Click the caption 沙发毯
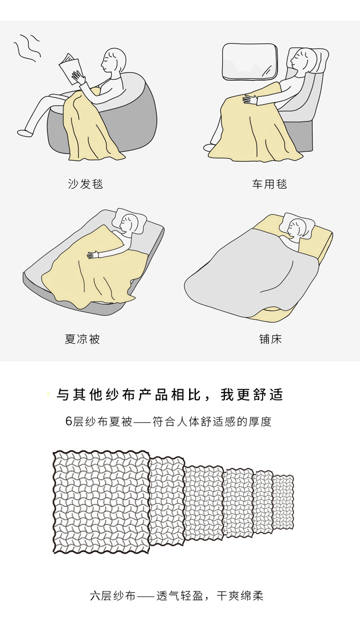(85, 184)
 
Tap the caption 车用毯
(269, 184)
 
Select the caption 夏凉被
(82, 339)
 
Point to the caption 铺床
(270, 339)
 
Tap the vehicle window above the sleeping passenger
(250, 61)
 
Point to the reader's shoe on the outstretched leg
(24, 133)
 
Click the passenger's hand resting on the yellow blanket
(251, 99)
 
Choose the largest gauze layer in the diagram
(101, 502)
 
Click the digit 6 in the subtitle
(69, 422)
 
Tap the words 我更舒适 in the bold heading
(252, 395)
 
